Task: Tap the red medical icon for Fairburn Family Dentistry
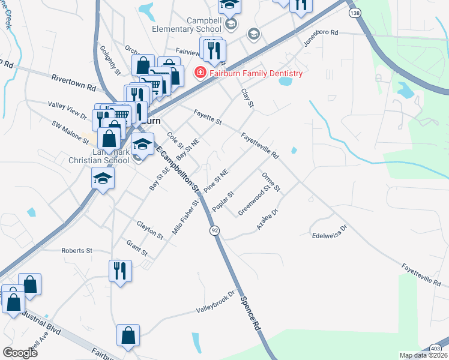[199, 73]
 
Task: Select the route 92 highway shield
[214, 230]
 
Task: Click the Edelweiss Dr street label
[330, 231]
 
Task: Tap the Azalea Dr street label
[268, 219]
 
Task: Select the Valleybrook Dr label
[215, 303]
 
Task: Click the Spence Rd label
[250, 313]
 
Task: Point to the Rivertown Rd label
[74, 82]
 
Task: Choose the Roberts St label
[76, 250]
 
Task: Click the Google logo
[20, 353]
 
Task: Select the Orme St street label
[271, 182]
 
